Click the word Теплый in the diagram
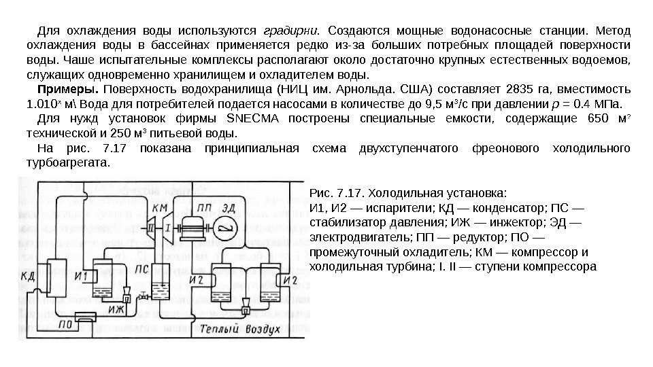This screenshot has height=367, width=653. pos(217,328)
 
